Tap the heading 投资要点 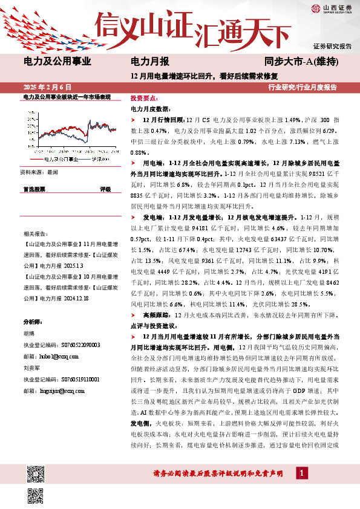[x=144, y=98]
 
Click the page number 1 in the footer [x=299, y=475]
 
